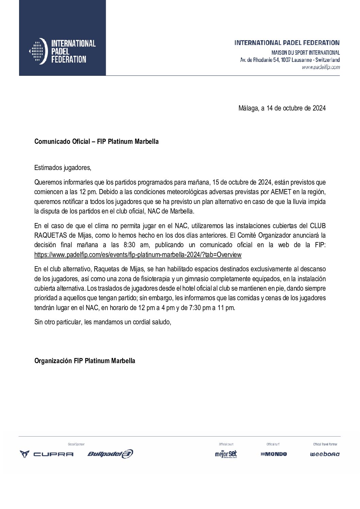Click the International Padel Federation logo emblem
pyautogui.click(x=38, y=51)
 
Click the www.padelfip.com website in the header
pyautogui.click(x=321, y=67)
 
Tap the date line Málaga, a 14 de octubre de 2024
pyautogui.click(x=282, y=108)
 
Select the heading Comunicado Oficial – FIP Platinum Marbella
pyautogui.click(x=96, y=141)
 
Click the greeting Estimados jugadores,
pyautogui.click(x=63, y=168)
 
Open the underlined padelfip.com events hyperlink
pyautogui.click(x=138, y=255)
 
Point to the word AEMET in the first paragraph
pyautogui.click(x=281, y=192)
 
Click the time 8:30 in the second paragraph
pyautogui.click(x=130, y=245)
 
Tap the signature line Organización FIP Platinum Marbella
pyautogui.click(x=85, y=361)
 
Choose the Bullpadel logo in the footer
pyautogui.click(x=110, y=454)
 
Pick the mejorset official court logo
pyautogui.click(x=226, y=454)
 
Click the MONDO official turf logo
pyautogui.click(x=274, y=454)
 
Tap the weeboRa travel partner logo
pyautogui.click(x=325, y=454)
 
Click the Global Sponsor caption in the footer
pyautogui.click(x=76, y=444)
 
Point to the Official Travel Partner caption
pyautogui.click(x=325, y=444)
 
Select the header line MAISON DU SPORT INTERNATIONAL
pyautogui.click(x=305, y=53)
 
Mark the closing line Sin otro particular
pyautogui.click(x=102, y=322)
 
